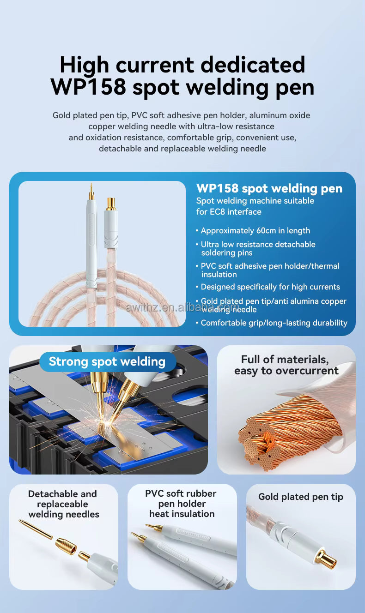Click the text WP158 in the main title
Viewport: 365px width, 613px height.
pos(88,87)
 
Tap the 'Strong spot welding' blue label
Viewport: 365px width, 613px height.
pos(107,361)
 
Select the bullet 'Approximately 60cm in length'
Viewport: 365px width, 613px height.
pos(255,231)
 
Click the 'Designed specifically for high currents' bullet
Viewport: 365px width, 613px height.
pos(270,287)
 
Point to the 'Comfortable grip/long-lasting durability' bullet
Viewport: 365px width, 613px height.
pos(274,323)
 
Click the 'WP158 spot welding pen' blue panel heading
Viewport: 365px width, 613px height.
pos(269,188)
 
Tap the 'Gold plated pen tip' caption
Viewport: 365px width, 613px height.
pos(300,497)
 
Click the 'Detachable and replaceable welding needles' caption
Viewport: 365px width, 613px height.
pos(63,504)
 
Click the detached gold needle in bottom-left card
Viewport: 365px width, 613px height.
pos(36,529)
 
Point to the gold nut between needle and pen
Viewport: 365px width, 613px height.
pos(66,546)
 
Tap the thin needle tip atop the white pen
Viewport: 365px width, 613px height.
pos(91,190)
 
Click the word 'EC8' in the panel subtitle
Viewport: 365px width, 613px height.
pos(218,212)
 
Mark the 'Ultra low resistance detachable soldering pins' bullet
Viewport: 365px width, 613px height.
pos(258,248)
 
